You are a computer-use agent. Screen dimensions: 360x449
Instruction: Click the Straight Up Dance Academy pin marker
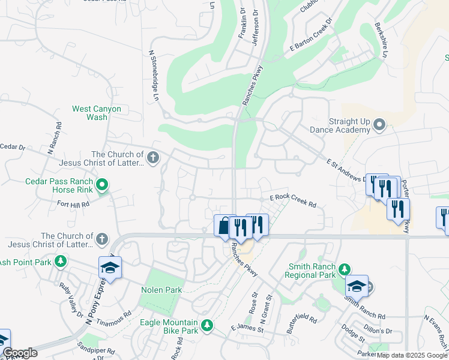point(379,125)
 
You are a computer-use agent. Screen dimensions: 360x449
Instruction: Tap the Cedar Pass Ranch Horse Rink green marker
point(102,184)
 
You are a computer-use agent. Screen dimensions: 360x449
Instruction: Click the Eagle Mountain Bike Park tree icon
point(206,325)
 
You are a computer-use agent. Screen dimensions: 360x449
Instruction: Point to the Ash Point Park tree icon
point(60,261)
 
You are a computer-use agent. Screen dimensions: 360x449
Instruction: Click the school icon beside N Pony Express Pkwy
point(110,268)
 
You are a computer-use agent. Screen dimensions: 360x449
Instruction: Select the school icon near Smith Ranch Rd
point(356,286)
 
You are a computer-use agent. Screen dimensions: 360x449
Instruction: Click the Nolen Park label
point(161,290)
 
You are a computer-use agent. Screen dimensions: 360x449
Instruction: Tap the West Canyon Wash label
point(97,113)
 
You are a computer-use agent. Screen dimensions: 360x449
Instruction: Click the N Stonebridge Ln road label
point(154,75)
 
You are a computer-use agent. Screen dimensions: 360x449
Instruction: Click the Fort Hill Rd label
point(73,204)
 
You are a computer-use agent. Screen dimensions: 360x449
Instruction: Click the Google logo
point(20,353)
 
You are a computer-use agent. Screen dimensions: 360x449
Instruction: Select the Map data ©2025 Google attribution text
point(412,355)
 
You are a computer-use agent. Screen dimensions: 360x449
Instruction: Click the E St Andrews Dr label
point(348,171)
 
